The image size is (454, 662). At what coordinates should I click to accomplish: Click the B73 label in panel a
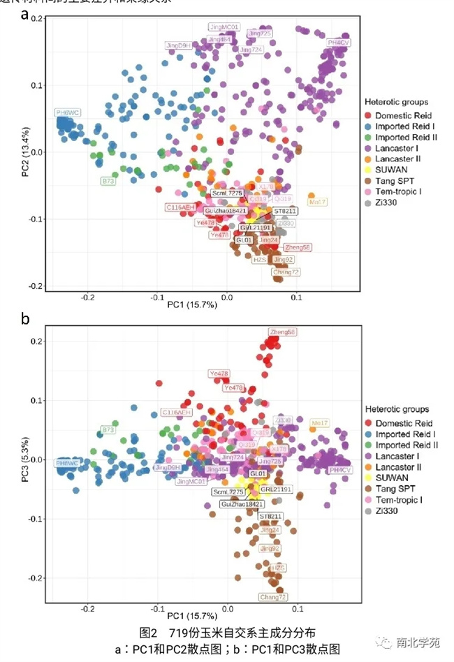[108, 182]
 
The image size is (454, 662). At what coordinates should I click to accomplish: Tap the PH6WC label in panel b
[67, 463]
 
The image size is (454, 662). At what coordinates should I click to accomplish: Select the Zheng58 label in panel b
[282, 332]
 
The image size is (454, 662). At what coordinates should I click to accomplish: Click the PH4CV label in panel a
[339, 43]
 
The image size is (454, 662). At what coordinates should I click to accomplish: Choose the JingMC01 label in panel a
[224, 27]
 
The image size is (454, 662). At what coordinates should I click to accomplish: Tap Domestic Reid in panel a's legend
[404, 115]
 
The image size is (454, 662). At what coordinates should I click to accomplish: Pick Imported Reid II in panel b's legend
[407, 446]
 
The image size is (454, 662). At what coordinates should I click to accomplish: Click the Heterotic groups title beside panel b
[396, 409]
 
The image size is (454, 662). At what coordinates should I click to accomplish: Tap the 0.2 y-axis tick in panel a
[38, 18]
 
